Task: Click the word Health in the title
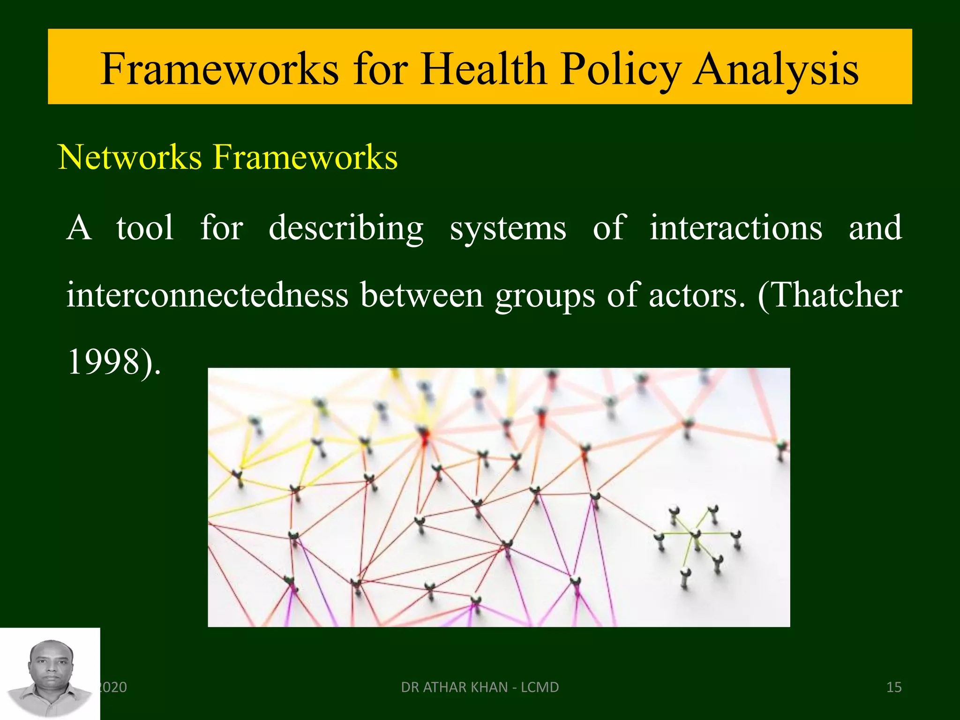point(483,69)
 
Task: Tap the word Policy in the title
point(621,69)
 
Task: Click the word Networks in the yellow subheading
point(129,157)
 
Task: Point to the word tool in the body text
point(145,228)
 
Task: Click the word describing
point(346,228)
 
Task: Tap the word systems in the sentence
point(508,228)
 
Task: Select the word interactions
point(735,228)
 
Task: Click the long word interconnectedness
point(207,295)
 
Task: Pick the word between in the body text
point(421,295)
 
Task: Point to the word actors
point(697,295)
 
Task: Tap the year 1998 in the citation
point(105,362)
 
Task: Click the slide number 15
point(894,687)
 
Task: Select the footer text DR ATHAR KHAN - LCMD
point(480,687)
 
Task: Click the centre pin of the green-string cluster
point(695,535)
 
